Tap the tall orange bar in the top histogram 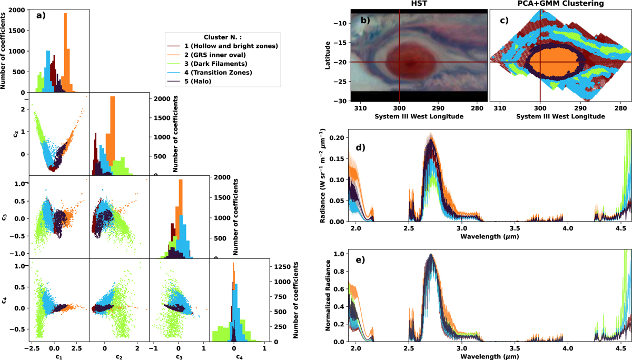[x=65, y=53]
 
